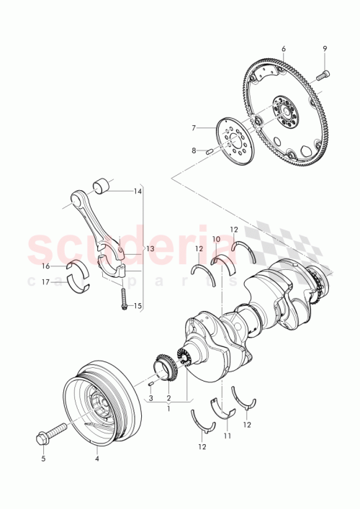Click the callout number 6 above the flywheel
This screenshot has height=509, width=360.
click(283, 48)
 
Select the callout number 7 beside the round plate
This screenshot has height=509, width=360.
click(193, 127)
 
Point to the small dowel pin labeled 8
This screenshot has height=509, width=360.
click(207, 152)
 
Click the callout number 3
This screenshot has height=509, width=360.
click(151, 397)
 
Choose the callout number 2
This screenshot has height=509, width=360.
click(168, 397)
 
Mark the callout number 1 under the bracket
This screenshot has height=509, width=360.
click(168, 408)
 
